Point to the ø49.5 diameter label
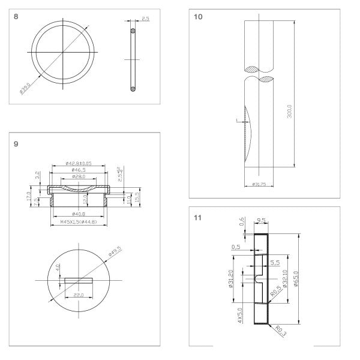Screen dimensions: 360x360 (116, 250)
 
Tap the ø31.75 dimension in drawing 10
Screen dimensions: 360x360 (259, 184)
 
